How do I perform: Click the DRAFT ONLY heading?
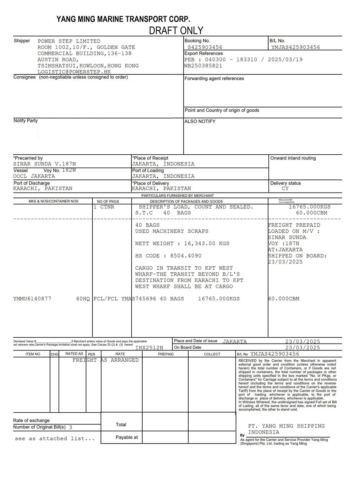point(176,31)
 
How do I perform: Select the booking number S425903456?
point(205,47)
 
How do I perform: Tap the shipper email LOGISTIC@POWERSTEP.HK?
point(74,72)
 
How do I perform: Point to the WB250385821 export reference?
point(203,65)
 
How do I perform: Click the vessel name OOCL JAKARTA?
point(34,176)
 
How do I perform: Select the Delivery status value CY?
point(285,189)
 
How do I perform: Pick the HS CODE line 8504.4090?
point(168,256)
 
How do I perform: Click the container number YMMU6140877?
point(32,299)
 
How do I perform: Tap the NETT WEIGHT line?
point(182,244)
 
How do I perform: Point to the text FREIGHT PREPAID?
point(294,225)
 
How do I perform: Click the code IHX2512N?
point(149,348)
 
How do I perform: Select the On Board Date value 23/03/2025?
point(302,348)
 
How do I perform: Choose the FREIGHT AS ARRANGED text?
point(105,360)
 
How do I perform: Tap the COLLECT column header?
point(212,354)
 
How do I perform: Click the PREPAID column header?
point(166,354)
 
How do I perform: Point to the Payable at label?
point(127,437)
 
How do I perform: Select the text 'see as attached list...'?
point(55,439)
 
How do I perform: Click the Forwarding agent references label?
point(214,78)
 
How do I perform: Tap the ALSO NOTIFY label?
point(200,122)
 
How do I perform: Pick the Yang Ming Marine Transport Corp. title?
point(123,19)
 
